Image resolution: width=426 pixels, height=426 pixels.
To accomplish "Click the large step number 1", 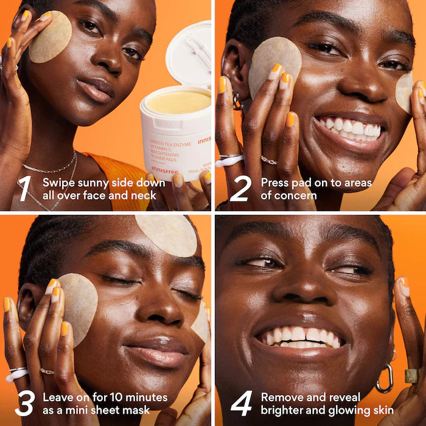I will click(24, 188).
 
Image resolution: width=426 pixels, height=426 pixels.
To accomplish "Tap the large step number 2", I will click(240, 188).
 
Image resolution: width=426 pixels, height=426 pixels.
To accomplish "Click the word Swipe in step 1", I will click(56, 183).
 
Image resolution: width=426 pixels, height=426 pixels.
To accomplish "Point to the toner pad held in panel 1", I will click(50, 37).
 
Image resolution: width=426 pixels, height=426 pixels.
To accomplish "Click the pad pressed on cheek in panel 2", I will click(275, 63).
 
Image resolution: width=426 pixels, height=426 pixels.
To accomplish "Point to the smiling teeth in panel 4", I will click(298, 335).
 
